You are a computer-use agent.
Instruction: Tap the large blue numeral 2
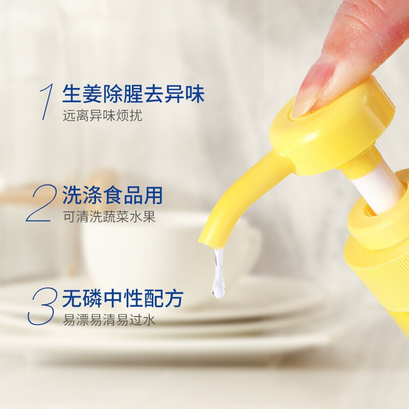tap(42, 203)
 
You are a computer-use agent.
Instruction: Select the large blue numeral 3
tap(42, 306)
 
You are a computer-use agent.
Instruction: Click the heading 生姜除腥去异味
tap(133, 94)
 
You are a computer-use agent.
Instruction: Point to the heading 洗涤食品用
tap(112, 195)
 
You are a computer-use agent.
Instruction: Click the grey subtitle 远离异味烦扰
tap(103, 116)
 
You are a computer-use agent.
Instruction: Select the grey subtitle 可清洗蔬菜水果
tap(109, 216)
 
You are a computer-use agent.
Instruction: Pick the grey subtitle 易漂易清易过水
tap(109, 320)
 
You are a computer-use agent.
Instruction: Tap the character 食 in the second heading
tap(112, 195)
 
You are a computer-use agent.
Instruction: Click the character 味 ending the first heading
tap(195, 94)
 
